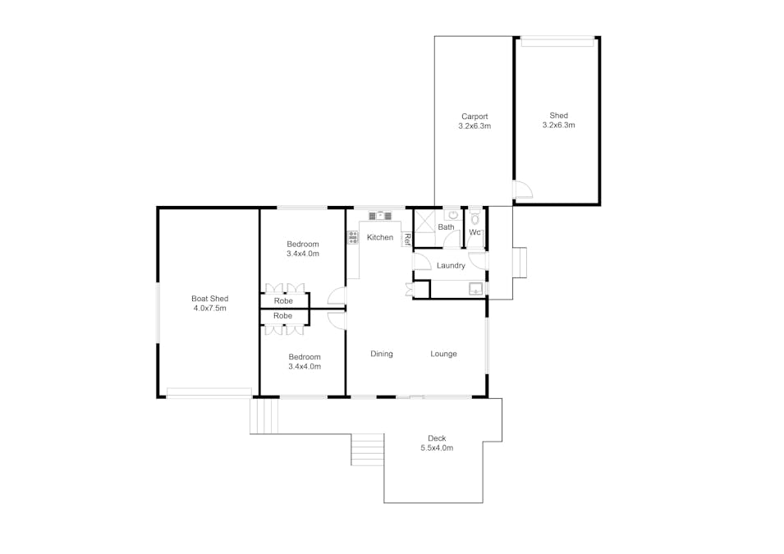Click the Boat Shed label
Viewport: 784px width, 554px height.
point(209,299)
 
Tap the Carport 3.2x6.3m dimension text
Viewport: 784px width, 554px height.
point(475,126)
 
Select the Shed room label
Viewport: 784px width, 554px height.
point(558,116)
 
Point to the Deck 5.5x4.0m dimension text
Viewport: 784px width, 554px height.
point(437,448)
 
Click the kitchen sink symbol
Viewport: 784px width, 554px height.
point(380,216)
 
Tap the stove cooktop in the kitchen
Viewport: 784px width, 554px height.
point(353,237)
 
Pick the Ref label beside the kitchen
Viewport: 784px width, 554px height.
point(407,240)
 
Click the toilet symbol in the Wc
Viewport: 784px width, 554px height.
point(475,218)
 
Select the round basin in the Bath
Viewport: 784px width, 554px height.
point(453,215)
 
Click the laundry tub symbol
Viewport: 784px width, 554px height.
point(475,289)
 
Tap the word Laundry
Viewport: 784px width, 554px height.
point(451,265)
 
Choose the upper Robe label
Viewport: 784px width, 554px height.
point(283,301)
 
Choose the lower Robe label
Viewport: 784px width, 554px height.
point(282,316)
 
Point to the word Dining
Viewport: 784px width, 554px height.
point(382,354)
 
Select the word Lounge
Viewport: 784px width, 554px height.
point(443,354)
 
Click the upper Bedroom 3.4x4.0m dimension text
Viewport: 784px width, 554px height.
point(303,254)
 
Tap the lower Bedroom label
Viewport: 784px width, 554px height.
point(305,357)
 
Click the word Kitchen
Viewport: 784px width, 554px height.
point(380,237)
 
